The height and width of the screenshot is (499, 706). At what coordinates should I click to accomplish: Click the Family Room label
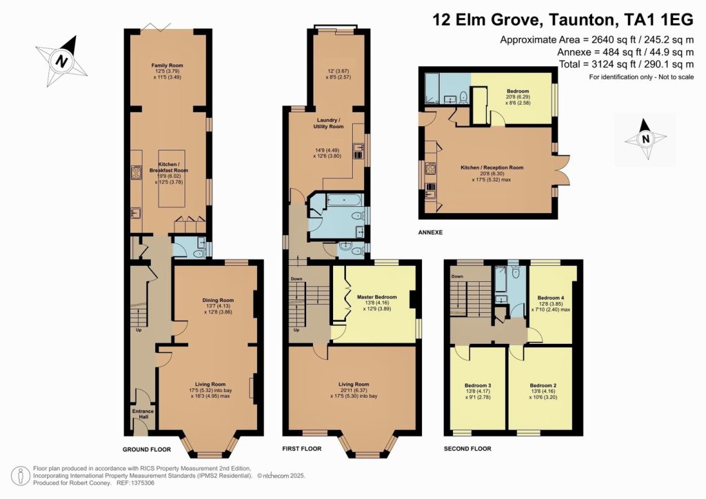click(x=167, y=65)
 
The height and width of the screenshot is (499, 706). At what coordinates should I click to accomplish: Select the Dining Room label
click(x=218, y=300)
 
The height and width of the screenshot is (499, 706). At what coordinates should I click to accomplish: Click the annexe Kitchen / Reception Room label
click(x=492, y=167)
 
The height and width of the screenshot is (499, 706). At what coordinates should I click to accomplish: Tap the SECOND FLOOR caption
click(x=467, y=449)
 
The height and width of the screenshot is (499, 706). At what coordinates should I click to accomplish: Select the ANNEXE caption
click(x=430, y=232)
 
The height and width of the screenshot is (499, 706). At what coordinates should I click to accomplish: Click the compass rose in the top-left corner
click(x=62, y=60)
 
